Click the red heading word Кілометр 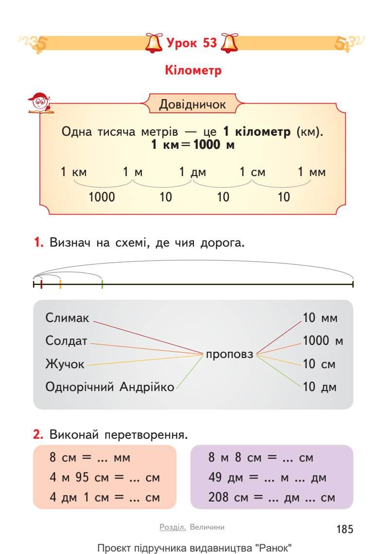point(194,71)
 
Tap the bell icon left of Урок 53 point(154,43)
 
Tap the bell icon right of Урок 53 point(230,43)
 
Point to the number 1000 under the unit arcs point(102,197)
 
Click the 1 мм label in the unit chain point(312,172)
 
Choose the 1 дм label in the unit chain point(191,172)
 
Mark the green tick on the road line point(102,284)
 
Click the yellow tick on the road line point(60,284)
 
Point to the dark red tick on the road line point(41,284)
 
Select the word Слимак point(68,318)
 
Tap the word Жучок point(65,364)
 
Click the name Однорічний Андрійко point(110,387)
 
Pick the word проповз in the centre point(230,354)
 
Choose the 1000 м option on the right point(323,341)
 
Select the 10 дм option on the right point(320,387)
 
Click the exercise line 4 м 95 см point(105,478)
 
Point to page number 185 point(345,529)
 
